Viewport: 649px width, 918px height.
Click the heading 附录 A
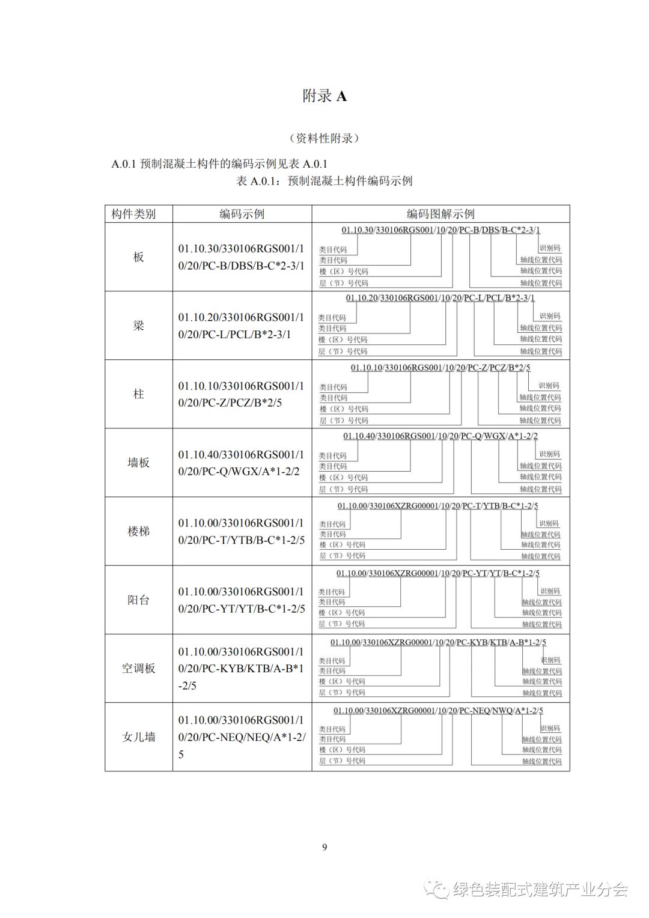click(x=324, y=96)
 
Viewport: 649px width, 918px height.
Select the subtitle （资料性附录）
click(x=324, y=138)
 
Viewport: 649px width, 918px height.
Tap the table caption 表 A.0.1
click(x=324, y=181)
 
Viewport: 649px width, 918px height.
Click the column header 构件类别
click(x=133, y=214)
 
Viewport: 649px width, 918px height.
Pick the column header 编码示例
click(x=242, y=214)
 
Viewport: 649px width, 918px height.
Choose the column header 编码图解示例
click(x=440, y=214)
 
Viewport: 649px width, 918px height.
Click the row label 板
click(x=139, y=257)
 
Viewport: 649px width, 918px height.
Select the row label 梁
click(x=139, y=326)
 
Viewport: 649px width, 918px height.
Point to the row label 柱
click(x=139, y=394)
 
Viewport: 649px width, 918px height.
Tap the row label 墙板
click(x=139, y=463)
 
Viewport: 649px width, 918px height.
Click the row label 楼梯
click(x=139, y=531)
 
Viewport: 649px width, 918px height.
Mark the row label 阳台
click(x=139, y=600)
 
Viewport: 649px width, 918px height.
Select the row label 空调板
click(x=139, y=668)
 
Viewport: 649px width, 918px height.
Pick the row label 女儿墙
click(x=139, y=737)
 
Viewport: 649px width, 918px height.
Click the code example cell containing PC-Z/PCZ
click(x=242, y=394)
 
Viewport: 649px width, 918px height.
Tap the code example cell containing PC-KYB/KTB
click(x=242, y=668)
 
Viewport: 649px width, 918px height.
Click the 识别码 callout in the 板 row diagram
click(x=550, y=248)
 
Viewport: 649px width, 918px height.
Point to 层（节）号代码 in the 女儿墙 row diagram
click(x=342, y=761)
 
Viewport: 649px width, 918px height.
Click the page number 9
click(x=324, y=847)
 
